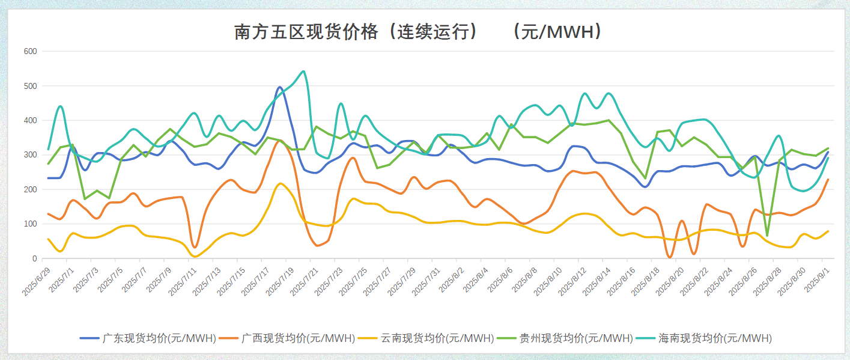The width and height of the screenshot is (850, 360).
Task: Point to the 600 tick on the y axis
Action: pos(30,52)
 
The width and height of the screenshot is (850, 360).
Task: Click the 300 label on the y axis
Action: pos(30,155)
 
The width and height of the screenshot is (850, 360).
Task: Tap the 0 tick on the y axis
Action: pos(34,259)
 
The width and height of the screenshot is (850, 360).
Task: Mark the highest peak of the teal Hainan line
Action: pos(303,71)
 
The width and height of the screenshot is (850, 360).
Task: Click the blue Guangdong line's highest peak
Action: pos(280,87)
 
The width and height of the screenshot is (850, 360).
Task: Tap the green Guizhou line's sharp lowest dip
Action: pos(767,236)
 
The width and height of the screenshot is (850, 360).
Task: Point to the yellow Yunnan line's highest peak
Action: pos(281,183)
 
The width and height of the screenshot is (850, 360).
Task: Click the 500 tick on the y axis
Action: pos(30,86)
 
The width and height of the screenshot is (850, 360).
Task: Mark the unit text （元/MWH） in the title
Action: pos(556,32)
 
